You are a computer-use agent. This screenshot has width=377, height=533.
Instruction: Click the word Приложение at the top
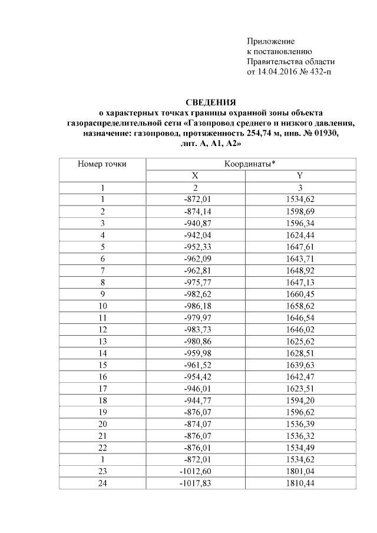pos(270,41)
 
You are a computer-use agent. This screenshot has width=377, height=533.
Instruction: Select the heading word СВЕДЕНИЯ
pos(211,102)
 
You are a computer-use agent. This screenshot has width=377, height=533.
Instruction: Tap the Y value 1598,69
pos(300,211)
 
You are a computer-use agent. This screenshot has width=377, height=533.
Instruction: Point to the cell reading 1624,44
pos(300,234)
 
